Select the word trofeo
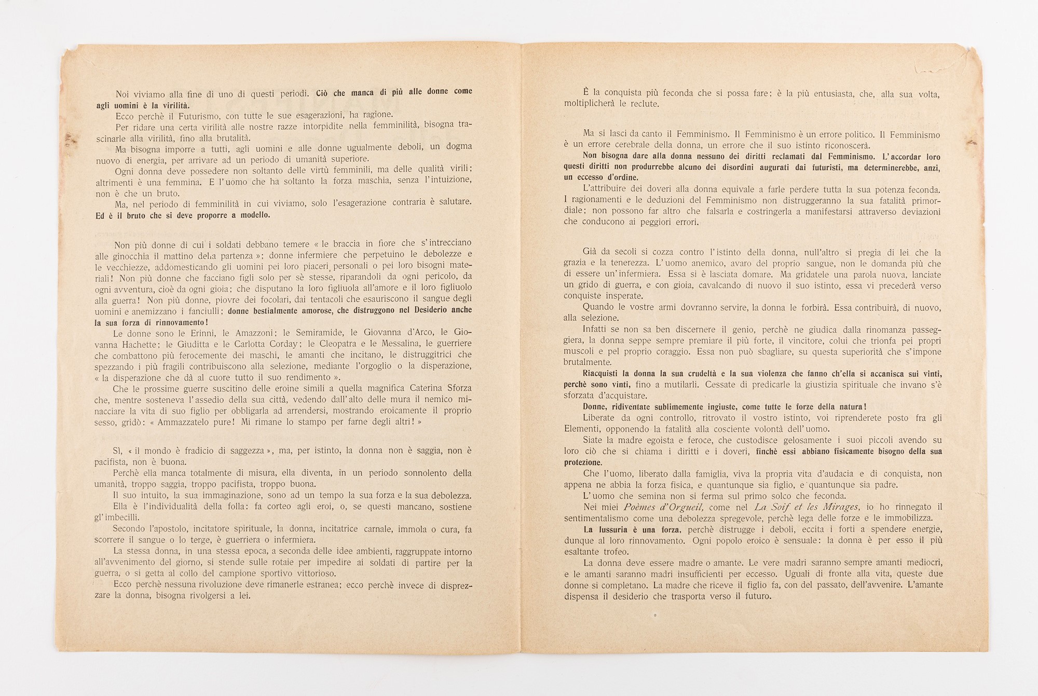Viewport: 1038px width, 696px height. [612, 552]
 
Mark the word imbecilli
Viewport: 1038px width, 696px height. [125, 518]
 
